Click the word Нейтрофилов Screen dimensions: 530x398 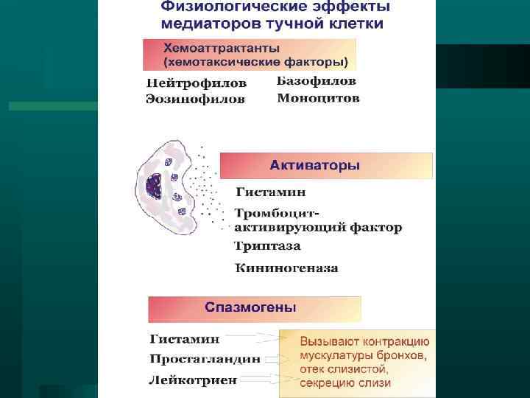(x=196, y=83)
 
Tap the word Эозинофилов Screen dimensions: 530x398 (x=196, y=99)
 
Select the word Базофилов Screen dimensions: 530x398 (x=317, y=80)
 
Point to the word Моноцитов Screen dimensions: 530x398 (x=319, y=98)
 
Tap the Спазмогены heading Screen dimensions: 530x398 (x=251, y=307)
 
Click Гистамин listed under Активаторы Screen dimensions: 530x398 (x=270, y=192)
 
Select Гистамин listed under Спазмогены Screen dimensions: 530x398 (x=185, y=340)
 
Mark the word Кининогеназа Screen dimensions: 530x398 (x=286, y=268)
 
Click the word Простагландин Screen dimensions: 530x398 (x=205, y=359)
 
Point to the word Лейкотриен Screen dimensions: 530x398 (x=193, y=380)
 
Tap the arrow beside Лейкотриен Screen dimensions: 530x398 (x=269, y=379)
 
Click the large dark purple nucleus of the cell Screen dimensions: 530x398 (x=157, y=187)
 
